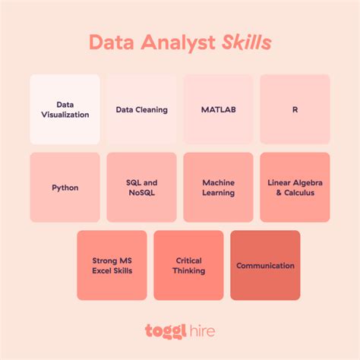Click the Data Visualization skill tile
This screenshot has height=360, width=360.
65,109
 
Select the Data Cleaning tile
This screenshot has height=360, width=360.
141,109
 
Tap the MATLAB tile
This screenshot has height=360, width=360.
218,109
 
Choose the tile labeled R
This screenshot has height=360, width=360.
295,109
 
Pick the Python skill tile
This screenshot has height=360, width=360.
65,188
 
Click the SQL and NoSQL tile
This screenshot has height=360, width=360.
141,188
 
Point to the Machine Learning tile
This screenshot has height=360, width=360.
218,188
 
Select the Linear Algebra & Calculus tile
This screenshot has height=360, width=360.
295,188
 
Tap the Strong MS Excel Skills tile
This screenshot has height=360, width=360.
112,265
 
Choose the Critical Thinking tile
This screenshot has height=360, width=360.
188,265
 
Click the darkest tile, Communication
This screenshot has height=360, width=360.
265,265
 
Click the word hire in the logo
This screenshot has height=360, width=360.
201,330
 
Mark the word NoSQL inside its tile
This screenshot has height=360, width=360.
142,193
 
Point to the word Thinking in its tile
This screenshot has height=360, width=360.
188,270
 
